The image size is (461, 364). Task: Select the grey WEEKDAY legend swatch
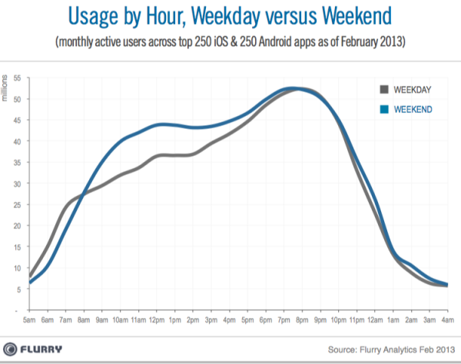coord(384,89)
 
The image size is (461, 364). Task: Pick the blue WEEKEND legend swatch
coord(384,110)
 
